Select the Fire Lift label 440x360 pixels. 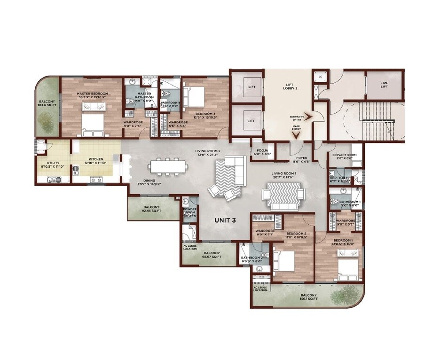pos(385,85)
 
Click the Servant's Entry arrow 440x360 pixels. pos(309,118)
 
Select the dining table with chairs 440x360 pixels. pos(168,167)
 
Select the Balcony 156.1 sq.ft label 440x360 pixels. pos(309,297)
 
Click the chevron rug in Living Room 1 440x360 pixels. pos(283,194)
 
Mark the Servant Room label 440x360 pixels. pos(344,157)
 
